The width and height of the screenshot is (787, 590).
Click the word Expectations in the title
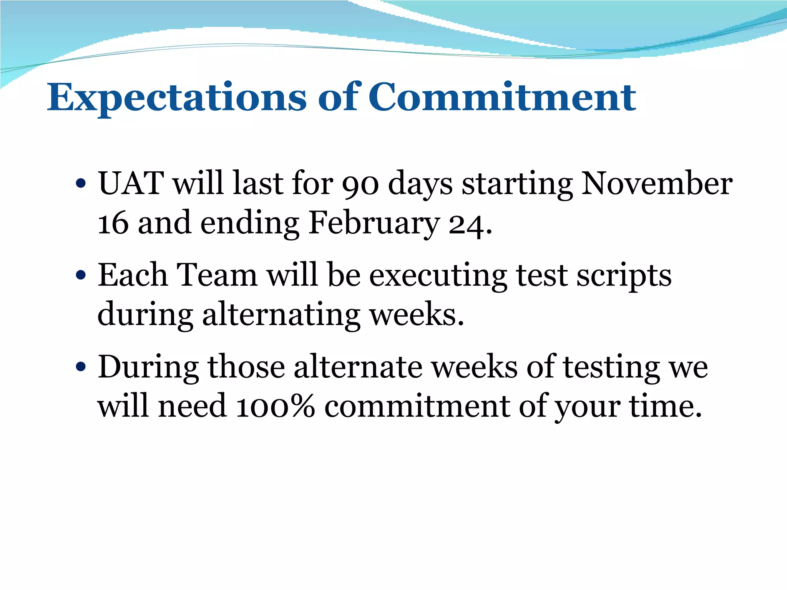click(x=177, y=98)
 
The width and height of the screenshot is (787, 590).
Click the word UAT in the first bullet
click(x=131, y=183)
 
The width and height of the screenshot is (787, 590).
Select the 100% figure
click(x=275, y=406)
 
